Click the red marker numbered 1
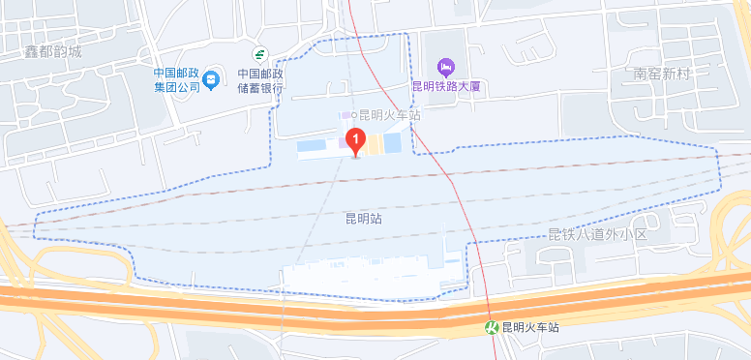point(355,143)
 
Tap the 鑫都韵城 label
point(53,52)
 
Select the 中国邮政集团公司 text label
point(176,79)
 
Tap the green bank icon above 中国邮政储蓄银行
point(259,54)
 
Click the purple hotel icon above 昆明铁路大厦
point(445,66)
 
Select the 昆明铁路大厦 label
point(446,86)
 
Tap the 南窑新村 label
point(662,73)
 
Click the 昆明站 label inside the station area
point(363,220)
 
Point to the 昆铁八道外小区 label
point(597,235)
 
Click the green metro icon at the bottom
point(493,327)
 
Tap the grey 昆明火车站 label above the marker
point(390,115)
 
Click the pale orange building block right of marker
point(373,143)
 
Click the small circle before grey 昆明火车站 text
point(353,115)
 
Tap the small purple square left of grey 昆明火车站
point(344,115)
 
